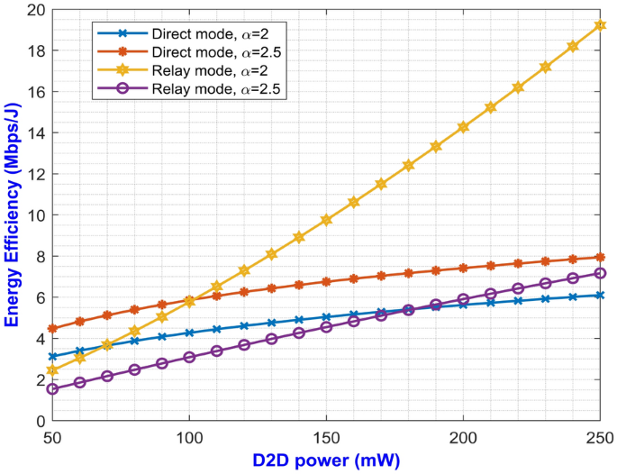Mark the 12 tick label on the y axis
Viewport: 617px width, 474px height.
point(35,174)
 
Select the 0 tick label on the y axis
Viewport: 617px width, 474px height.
point(39,421)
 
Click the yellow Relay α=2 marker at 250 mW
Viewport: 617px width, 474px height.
point(599,24)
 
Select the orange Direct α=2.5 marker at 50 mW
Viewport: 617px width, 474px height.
point(53,329)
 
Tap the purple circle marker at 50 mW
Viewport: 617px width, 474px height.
point(53,388)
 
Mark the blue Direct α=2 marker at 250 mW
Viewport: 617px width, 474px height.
point(599,296)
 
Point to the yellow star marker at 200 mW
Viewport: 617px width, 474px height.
point(463,127)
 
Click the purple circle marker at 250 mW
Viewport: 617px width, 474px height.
point(599,273)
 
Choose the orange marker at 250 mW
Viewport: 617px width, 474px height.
point(599,258)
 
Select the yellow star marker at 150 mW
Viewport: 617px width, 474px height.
point(326,220)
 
